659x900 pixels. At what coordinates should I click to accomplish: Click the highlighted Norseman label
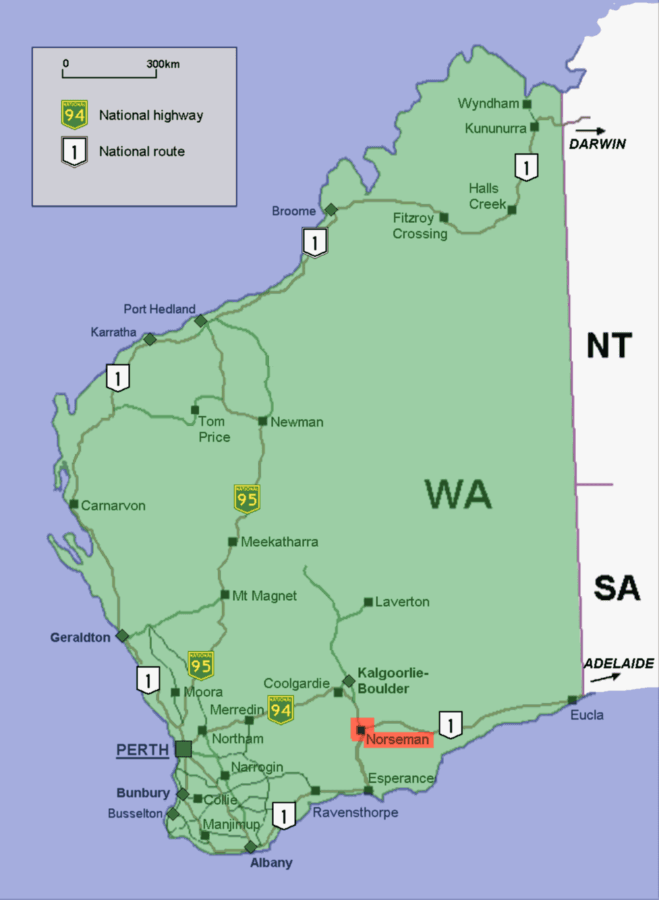click(x=397, y=739)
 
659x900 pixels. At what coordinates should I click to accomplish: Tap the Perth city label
click(x=142, y=750)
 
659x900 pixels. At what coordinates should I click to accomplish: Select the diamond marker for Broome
click(x=331, y=209)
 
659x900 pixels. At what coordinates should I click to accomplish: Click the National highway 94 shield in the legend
click(x=74, y=115)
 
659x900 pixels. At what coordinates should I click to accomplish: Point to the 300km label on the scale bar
click(x=163, y=64)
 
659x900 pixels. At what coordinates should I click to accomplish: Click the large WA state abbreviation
click(x=458, y=494)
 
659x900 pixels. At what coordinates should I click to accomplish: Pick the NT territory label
click(x=609, y=346)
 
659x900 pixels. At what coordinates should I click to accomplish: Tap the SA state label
click(x=616, y=588)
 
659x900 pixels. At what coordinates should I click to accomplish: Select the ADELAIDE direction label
click(x=618, y=664)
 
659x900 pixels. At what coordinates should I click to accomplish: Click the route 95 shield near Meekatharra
click(x=247, y=499)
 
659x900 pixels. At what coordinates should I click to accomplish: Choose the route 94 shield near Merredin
click(x=281, y=710)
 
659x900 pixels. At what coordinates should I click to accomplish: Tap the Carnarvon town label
click(x=113, y=506)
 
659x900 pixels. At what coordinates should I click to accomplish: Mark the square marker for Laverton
click(x=368, y=602)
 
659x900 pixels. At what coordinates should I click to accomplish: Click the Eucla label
click(x=587, y=715)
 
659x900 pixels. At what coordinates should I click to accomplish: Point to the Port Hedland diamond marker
click(x=200, y=321)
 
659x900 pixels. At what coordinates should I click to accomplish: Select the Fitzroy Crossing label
click(x=420, y=226)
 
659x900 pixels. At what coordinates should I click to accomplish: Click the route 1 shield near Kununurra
click(x=526, y=167)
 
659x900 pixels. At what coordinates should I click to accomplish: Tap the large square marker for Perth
click(x=183, y=749)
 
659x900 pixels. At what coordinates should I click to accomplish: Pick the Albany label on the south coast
click(x=271, y=862)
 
